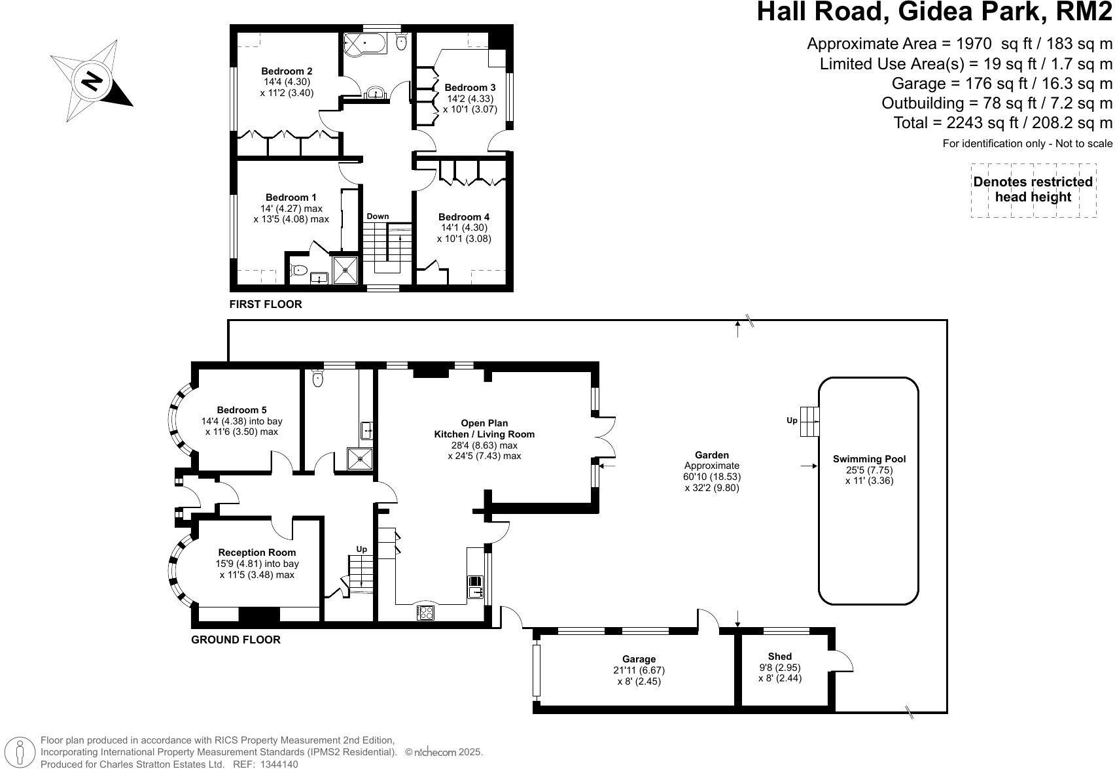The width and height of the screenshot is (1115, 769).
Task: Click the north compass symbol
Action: pos(91,80)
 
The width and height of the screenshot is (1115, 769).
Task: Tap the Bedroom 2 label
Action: pos(287,71)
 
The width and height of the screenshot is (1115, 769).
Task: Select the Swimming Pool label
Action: pos(869,459)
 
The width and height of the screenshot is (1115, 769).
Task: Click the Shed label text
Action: pos(779,657)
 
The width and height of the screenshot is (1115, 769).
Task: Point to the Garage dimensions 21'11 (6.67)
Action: pos(639,670)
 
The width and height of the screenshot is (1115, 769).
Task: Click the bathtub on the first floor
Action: pos(364,43)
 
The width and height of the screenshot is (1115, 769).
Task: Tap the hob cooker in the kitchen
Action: pos(425,612)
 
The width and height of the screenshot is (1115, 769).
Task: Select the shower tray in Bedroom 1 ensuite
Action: pos(345,270)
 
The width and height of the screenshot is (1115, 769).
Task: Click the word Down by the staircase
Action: pos(378,216)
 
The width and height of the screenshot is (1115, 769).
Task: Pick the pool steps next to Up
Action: pos(809,421)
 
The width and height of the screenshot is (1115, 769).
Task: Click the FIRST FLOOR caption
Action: pos(266,304)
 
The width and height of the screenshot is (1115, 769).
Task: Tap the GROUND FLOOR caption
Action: pos(236,640)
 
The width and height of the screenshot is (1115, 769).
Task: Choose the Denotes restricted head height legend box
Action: pos(1033,190)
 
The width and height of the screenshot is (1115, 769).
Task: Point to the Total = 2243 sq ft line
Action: pos(1002,122)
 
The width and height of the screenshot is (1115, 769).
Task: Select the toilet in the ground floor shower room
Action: pos(317,378)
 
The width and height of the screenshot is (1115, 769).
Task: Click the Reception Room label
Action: pos(257,552)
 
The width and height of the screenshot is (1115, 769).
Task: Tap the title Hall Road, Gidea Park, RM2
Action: pos(934,12)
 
